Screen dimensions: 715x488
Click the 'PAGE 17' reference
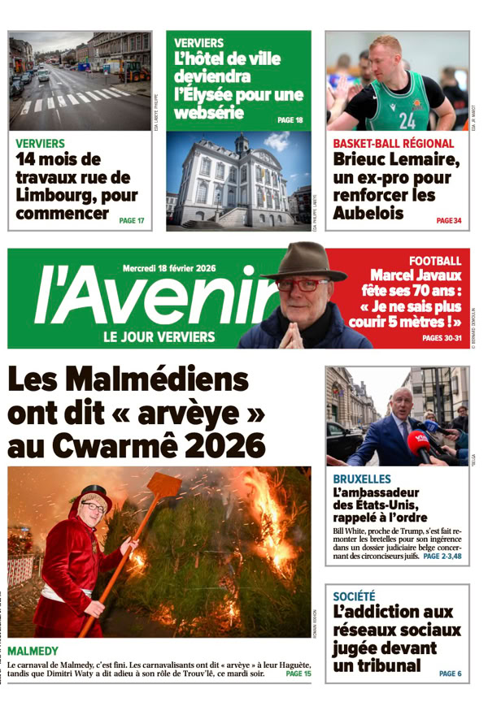pyautogui.click(x=131, y=220)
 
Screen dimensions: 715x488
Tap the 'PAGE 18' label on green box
pyautogui.click(x=290, y=120)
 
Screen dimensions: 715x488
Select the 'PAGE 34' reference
pyautogui.click(x=448, y=220)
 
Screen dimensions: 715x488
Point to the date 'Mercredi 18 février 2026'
pyautogui.click(x=169, y=267)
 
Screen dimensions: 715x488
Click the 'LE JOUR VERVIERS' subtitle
pyautogui.click(x=159, y=336)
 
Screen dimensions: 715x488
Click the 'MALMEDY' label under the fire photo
pyautogui.click(x=33, y=651)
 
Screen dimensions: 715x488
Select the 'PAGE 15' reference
pyautogui.click(x=298, y=674)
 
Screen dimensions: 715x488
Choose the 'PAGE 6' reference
pyautogui.click(x=450, y=674)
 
